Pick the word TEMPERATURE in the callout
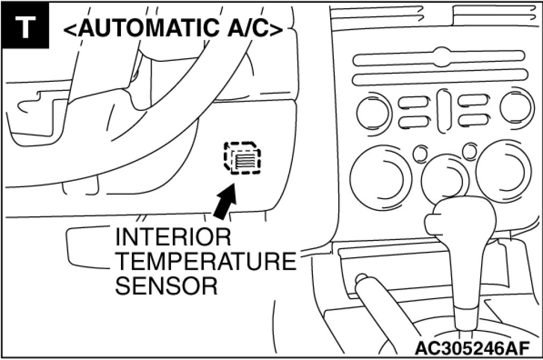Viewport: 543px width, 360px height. [x=205, y=262]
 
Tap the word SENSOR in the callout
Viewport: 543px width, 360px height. [x=166, y=286]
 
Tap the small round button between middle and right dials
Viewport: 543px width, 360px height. [x=470, y=151]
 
